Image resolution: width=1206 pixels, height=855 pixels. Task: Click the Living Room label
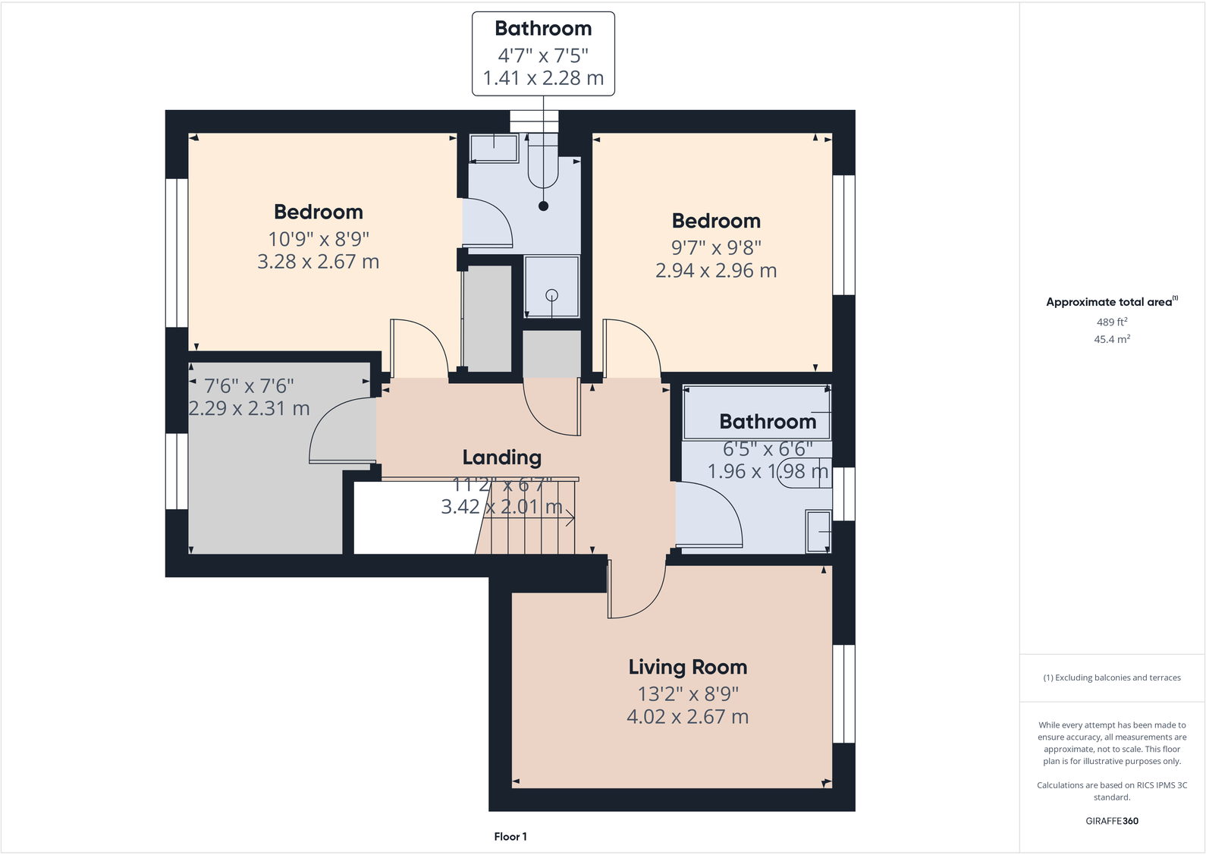click(x=687, y=667)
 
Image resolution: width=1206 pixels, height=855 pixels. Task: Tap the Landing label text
click(x=501, y=457)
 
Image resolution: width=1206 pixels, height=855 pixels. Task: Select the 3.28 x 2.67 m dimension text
click(x=318, y=262)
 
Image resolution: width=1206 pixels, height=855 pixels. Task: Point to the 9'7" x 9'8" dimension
click(x=715, y=247)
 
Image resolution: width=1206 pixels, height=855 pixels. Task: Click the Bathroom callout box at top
click(x=543, y=53)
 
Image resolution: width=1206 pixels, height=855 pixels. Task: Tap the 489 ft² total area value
click(x=1111, y=322)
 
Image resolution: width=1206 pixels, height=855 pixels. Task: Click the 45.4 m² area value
click(x=1111, y=339)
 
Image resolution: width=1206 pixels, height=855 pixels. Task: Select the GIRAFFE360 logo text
click(x=1111, y=821)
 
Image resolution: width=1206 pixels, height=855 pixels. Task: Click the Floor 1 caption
click(x=510, y=836)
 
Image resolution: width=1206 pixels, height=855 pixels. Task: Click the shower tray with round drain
click(x=551, y=287)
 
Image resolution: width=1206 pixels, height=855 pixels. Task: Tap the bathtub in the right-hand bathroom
click(x=756, y=413)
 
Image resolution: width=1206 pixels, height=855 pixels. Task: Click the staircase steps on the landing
click(x=531, y=520)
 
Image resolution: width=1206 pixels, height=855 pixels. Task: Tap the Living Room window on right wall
click(x=843, y=693)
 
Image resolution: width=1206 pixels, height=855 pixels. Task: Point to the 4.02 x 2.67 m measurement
click(x=687, y=717)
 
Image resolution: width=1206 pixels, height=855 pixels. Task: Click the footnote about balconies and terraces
click(x=1111, y=677)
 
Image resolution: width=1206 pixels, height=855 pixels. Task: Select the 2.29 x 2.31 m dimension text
click(x=249, y=408)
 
